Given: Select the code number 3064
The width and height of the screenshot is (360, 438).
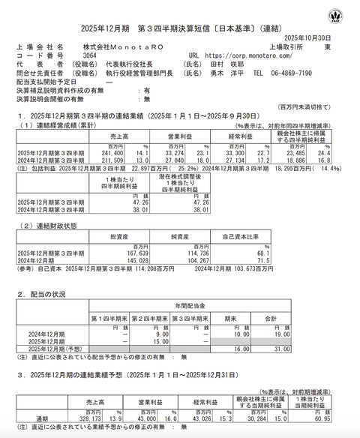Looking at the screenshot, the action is pyautogui.click(x=89, y=55).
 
